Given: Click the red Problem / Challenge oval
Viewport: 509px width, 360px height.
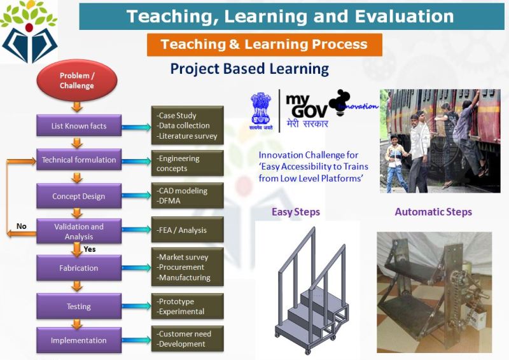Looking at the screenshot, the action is (77, 81).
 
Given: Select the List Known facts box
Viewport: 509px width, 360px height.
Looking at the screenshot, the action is (79, 126).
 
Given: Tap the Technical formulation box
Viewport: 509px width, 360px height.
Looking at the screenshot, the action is (79, 160).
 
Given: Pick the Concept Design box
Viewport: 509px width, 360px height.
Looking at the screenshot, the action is (79, 196).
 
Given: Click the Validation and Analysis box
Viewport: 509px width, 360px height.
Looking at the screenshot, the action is (79, 231).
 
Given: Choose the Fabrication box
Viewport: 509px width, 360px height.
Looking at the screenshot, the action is (79, 268).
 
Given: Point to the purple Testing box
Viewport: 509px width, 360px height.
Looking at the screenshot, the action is (79, 306).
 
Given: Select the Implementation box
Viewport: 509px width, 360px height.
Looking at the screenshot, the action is (79, 340).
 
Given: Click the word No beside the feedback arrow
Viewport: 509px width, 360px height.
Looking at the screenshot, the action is (22, 226).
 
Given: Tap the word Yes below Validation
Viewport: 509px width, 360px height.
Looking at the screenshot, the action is (90, 249).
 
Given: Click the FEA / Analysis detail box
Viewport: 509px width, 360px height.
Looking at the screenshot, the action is (187, 230).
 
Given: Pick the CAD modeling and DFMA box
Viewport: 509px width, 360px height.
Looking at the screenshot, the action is (187, 195).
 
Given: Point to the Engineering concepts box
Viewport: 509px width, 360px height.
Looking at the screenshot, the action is (187, 163).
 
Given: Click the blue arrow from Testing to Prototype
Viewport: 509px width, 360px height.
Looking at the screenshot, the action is (136, 306).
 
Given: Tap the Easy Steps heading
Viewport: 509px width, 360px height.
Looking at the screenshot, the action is (296, 212).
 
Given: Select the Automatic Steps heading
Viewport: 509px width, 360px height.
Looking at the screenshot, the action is (433, 212).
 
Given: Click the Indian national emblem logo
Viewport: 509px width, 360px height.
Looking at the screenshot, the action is (261, 111).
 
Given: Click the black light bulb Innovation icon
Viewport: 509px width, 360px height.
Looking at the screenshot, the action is (340, 102).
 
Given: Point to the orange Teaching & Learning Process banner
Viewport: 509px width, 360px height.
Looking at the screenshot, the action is (265, 45).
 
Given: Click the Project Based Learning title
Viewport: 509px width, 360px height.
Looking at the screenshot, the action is (249, 69).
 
